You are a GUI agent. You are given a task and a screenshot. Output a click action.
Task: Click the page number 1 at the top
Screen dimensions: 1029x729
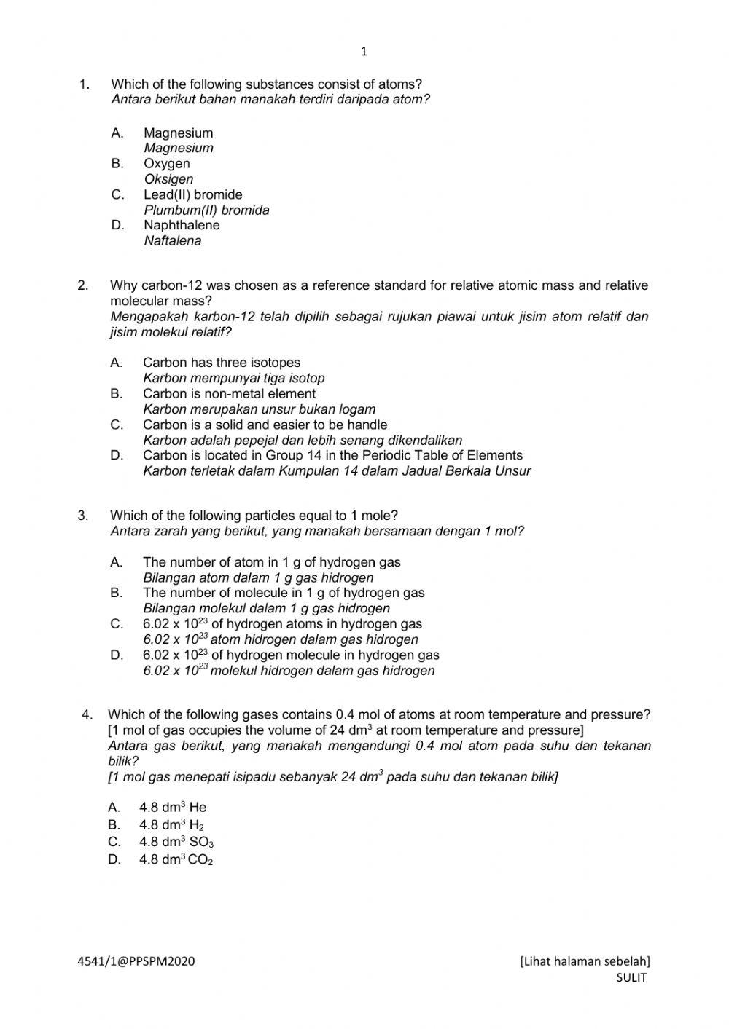point(364,52)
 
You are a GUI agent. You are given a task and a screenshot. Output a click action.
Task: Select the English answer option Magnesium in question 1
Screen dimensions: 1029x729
point(178,133)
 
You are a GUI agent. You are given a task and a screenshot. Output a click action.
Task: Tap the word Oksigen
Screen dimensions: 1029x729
point(168,179)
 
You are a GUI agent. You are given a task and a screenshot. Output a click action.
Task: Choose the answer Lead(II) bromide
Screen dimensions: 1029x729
point(192,194)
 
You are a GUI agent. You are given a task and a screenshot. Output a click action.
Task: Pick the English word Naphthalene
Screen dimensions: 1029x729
point(181,225)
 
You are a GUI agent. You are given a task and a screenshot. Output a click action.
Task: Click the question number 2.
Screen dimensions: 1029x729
point(83,285)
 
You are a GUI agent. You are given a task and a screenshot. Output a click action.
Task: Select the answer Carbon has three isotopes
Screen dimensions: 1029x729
point(221,363)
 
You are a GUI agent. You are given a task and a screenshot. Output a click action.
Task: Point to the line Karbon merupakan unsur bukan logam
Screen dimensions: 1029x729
point(259,409)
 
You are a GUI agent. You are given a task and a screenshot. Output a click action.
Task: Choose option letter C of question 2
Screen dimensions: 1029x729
point(117,425)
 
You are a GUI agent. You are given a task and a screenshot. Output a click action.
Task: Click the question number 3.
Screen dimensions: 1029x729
point(83,516)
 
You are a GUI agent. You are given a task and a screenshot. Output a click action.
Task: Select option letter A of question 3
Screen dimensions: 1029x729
point(117,562)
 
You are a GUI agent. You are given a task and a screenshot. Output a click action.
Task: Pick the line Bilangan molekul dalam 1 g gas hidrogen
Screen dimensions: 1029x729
point(266,608)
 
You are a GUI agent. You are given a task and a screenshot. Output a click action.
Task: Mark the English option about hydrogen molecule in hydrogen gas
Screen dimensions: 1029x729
point(291,655)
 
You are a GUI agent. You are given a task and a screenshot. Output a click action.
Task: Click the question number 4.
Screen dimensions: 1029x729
point(87,714)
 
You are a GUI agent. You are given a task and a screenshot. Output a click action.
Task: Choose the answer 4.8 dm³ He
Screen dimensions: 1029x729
point(173,807)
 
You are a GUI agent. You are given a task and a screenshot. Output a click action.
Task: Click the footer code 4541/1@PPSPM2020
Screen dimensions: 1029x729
point(136,961)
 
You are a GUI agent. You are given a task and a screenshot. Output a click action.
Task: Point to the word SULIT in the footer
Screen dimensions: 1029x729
point(631,978)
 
